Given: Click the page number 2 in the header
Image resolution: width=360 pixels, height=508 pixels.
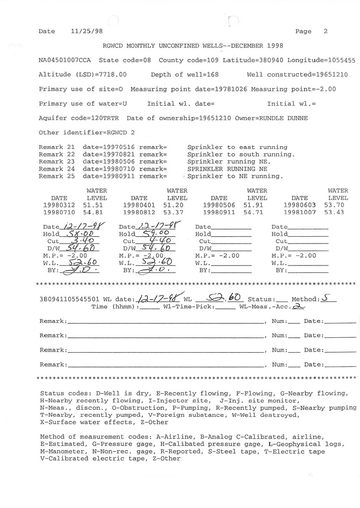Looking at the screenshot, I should pos(326,31).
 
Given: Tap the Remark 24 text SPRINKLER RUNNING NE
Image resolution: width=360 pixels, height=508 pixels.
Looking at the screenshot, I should pos(227,169).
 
